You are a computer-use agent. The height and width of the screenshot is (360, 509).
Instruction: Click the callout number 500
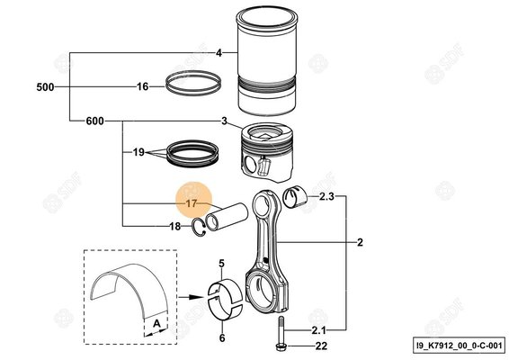(45, 87)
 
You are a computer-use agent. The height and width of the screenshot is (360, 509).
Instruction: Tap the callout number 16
(142, 87)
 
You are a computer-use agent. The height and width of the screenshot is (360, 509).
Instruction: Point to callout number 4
(219, 53)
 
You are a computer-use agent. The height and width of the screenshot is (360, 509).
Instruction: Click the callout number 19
(138, 152)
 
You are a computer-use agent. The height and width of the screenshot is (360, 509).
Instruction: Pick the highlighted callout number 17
(191, 204)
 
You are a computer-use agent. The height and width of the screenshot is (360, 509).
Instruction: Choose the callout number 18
(175, 226)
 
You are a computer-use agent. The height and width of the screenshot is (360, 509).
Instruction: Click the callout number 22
(319, 346)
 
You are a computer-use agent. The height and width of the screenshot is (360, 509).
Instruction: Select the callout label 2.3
(326, 195)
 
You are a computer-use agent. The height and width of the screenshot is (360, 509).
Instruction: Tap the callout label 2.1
(320, 330)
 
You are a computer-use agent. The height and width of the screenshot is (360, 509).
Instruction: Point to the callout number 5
(220, 262)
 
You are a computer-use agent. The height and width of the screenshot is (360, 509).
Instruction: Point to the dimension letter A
(157, 321)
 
